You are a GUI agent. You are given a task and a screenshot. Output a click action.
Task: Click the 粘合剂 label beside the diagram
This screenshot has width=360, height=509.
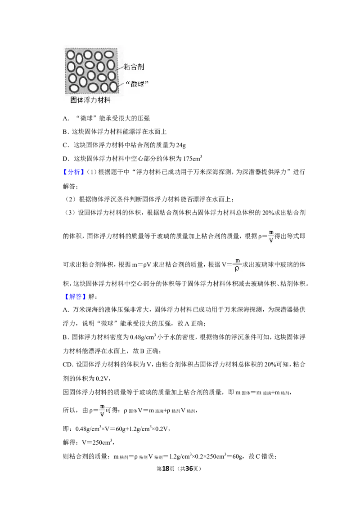(x=134, y=67)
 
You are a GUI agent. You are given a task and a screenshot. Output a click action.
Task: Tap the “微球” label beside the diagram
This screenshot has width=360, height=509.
(x=137, y=84)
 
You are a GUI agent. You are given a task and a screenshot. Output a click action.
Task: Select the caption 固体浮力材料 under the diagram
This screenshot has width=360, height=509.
(x=90, y=100)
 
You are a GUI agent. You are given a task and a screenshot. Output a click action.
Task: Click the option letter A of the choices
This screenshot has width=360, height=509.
(x=65, y=119)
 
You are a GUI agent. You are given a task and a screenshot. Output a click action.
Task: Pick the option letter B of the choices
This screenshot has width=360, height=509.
(x=65, y=132)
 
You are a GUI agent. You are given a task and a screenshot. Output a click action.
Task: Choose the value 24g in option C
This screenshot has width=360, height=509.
(x=181, y=145)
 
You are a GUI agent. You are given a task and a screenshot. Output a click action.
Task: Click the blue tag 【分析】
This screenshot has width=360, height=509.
(x=74, y=172)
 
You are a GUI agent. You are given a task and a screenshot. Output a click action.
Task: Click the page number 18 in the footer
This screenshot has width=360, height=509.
(x=166, y=469)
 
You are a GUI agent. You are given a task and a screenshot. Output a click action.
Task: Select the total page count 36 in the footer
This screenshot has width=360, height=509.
(x=189, y=469)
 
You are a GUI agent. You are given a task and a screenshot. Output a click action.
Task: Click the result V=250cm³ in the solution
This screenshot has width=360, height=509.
(x=97, y=442)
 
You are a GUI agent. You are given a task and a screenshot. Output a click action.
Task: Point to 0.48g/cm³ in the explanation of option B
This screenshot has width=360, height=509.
(x=143, y=337)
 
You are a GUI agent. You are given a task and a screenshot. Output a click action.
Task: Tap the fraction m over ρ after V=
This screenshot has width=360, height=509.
(x=237, y=265)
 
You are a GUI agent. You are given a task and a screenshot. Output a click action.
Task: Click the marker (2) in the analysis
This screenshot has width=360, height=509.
(x=71, y=199)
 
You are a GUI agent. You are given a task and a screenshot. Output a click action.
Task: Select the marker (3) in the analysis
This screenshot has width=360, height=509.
(x=71, y=213)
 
